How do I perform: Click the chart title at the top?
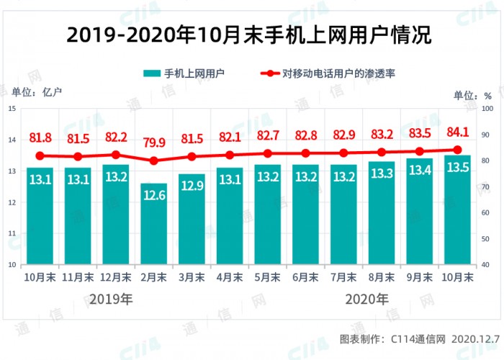click(251, 34)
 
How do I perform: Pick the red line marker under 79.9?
click(153, 161)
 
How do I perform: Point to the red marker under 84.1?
click(457, 150)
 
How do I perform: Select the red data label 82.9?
click(343, 135)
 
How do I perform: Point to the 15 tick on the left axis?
click(12, 109)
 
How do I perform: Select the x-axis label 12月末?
click(116, 276)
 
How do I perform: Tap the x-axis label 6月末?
click(305, 276)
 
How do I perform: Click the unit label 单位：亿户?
click(37, 91)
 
